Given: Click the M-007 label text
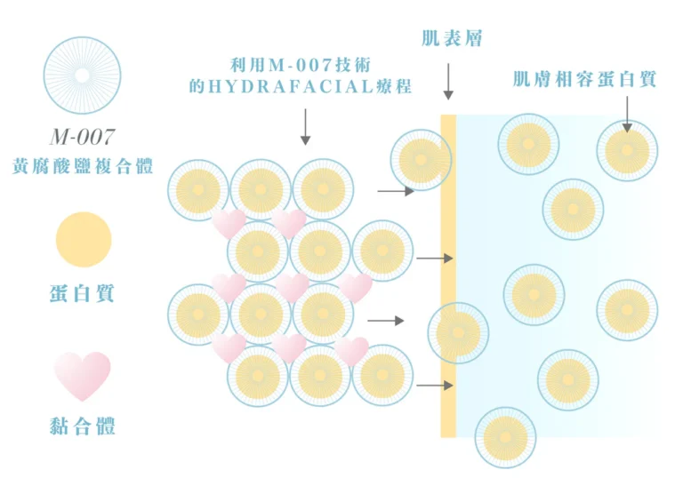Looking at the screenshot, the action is pos(83,137).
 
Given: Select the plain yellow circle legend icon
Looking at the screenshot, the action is pos(84,239).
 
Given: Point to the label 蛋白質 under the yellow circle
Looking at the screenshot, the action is pos(82,293).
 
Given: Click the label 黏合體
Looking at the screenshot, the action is pos(82,426).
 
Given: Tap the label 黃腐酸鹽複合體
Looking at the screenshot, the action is pos(83,166).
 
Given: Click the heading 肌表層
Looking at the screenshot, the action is pos(452,38).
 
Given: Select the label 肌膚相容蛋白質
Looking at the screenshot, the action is pos(584,79).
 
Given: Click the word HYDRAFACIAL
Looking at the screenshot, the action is pos(291,87).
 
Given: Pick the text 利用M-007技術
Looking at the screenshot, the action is pos(300,65).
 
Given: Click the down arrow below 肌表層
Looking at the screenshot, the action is pos(448,82).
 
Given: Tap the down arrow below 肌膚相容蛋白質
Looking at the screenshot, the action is pos(627,114).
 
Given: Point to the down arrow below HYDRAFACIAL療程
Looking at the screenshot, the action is pos(305,127).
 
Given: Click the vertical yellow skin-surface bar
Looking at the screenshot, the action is pos(448,276).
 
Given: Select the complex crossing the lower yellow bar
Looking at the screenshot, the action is pos(458,333).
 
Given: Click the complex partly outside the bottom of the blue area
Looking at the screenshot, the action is pos(505,437).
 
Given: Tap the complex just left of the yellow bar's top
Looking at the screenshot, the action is pos(422,160).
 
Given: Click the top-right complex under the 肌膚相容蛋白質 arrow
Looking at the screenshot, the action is pos(627,151).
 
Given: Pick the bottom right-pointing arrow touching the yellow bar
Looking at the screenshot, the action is pos(435,386).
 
